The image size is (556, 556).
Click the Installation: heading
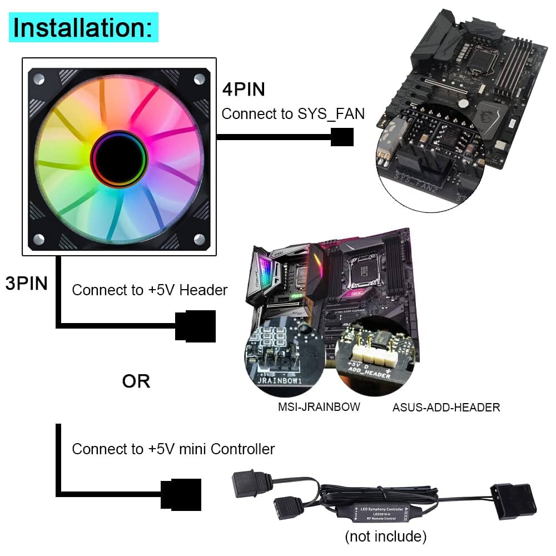pyautogui.click(x=83, y=27)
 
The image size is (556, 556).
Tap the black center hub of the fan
pyautogui.click(x=119, y=157)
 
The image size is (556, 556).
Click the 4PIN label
pyautogui.click(x=244, y=89)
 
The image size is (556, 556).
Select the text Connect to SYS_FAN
pyautogui.click(x=293, y=114)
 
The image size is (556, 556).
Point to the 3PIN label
pyautogui.click(x=26, y=283)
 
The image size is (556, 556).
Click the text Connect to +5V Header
pyautogui.click(x=150, y=290)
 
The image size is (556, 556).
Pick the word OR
pyautogui.click(x=136, y=381)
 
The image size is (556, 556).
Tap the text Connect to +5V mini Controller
pyautogui.click(x=173, y=449)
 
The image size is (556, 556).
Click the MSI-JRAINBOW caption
pyautogui.click(x=319, y=407)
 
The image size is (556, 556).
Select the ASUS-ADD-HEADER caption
pyautogui.click(x=446, y=408)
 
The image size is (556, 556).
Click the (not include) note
pyautogui.click(x=385, y=536)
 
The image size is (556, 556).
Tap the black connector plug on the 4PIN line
pyautogui.click(x=342, y=137)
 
